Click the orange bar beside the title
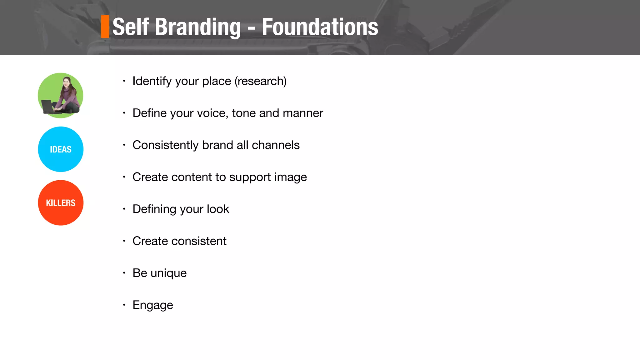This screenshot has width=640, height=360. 105,27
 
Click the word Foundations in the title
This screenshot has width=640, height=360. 320,27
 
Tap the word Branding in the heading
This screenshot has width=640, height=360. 198,27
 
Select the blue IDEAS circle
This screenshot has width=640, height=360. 61,149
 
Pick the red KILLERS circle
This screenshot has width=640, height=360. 61,203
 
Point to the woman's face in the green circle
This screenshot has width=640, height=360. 66,82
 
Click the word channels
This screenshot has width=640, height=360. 276,145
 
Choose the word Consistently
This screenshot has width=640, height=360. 165,145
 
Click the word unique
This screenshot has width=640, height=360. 168,273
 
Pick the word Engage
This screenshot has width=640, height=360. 153,305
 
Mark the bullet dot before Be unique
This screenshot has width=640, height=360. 124,273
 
